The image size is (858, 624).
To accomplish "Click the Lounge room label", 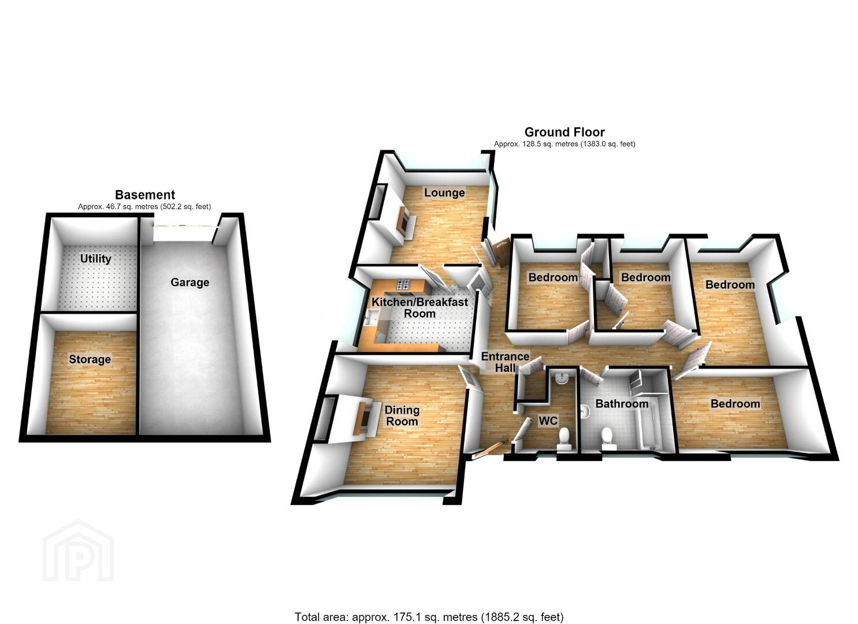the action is point(444,192).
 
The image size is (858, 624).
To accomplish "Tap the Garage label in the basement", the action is point(190,283).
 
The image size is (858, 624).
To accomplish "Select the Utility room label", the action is point(95,259).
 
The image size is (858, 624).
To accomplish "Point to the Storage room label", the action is point(90,359).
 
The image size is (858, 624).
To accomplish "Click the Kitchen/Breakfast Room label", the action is point(420,307).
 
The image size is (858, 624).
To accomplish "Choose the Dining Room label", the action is point(402,415).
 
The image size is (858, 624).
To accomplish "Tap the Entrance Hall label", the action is point(505,362).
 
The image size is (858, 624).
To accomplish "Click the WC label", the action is point(548,421).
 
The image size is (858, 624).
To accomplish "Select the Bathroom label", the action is point(622,404).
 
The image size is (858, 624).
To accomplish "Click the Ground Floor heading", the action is point(564,132).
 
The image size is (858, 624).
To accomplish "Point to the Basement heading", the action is point(145,195).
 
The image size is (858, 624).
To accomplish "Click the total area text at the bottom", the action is point(429,607).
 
